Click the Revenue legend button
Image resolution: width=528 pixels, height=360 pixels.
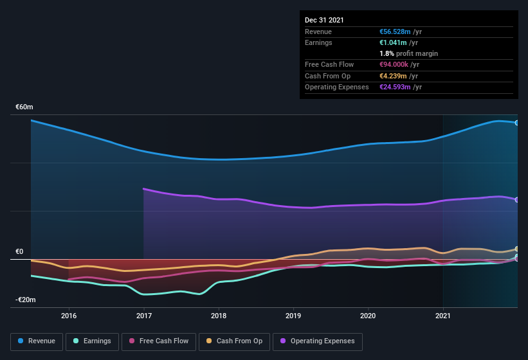(x=37, y=341)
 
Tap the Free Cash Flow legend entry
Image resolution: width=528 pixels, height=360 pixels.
(x=158, y=341)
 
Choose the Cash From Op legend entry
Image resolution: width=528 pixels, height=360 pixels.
(x=234, y=341)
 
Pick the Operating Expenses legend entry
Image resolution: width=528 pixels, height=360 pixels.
(x=317, y=341)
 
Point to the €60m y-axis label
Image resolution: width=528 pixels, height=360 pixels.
(x=24, y=107)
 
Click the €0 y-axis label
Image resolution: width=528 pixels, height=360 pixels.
(x=19, y=251)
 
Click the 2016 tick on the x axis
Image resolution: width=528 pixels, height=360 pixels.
(x=69, y=316)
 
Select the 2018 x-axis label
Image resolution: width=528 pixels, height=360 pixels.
(x=219, y=316)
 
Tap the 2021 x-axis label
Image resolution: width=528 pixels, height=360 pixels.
(x=443, y=316)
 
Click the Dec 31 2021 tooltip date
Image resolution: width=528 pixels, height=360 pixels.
(x=324, y=20)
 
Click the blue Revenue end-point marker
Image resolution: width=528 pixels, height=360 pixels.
(x=517, y=123)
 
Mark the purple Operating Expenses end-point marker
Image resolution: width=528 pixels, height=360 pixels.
(x=517, y=199)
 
